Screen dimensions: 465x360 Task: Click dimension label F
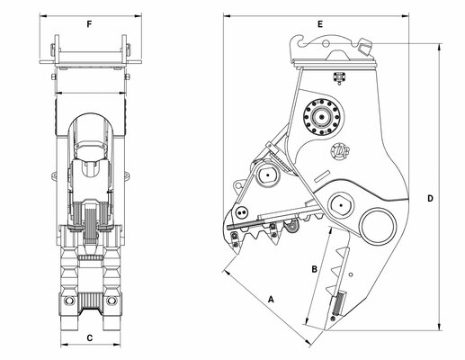(89, 24)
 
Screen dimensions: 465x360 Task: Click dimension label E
(320, 24)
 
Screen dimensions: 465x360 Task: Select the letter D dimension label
(430, 198)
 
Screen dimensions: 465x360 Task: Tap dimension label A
(271, 299)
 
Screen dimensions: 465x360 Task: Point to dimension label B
(314, 269)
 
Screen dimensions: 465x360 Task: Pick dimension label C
(90, 338)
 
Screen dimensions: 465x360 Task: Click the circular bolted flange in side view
(321, 117)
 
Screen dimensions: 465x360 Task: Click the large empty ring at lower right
(379, 227)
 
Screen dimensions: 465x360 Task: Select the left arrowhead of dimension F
(43, 15)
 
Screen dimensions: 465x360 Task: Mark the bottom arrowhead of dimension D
(440, 327)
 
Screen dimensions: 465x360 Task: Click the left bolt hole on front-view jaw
(68, 300)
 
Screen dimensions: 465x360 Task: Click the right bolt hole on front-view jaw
(112, 300)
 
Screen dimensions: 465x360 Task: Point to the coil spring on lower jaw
(339, 303)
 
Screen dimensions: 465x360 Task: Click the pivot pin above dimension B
(341, 205)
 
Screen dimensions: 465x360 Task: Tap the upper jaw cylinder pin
(267, 175)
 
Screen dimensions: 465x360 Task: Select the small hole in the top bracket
(326, 44)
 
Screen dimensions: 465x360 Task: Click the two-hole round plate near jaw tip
(241, 213)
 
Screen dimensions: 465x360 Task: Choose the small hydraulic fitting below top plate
(339, 77)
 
